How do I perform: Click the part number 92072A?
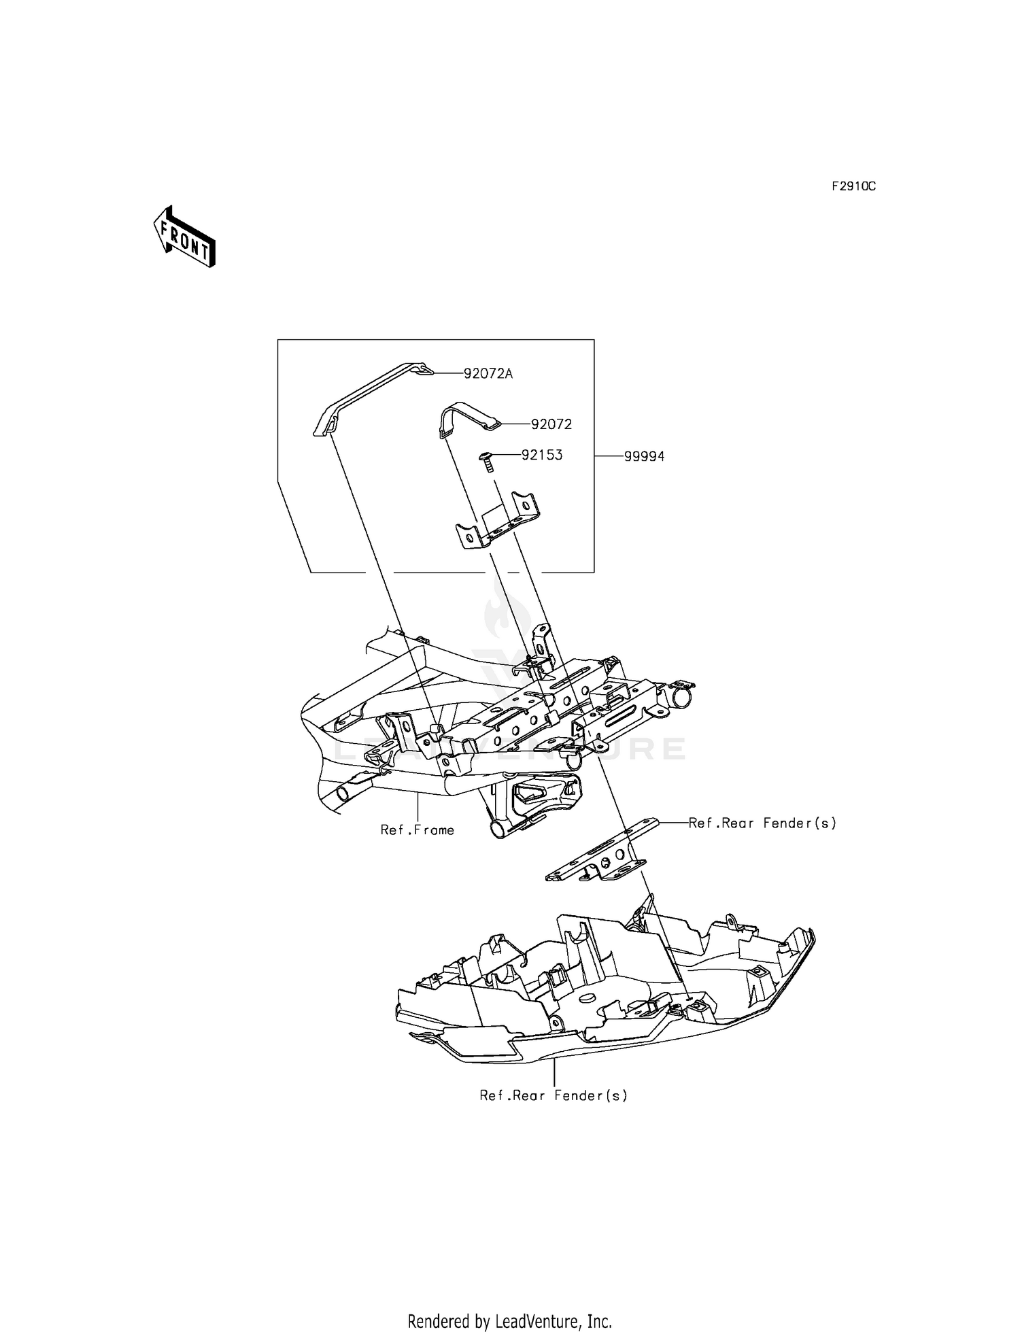[x=488, y=373]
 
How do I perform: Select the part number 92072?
[x=551, y=424]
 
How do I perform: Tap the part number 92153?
[x=542, y=455]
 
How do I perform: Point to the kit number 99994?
[x=644, y=457]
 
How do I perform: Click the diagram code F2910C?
[x=853, y=186]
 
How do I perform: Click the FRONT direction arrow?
[x=184, y=237]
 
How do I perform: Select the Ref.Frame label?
[x=417, y=830]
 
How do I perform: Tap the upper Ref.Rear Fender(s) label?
[x=762, y=823]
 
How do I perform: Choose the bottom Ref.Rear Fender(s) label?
[x=554, y=1095]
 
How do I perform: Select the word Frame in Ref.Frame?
[x=435, y=830]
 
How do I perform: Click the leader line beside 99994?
[x=609, y=457]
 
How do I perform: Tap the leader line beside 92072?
[x=515, y=424]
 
